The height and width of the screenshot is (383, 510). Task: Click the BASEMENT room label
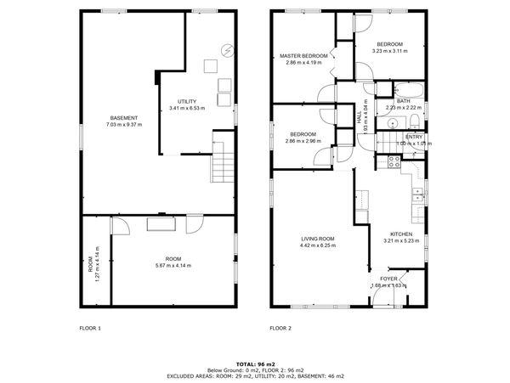pos(124,116)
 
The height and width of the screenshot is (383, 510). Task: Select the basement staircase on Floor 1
pos(223,161)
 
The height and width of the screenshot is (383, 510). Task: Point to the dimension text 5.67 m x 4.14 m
pos(173,266)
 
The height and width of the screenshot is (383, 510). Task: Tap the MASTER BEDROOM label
pos(303,56)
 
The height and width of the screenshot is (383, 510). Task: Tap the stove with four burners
pos(394,160)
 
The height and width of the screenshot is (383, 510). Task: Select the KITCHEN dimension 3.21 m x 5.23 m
pos(401,241)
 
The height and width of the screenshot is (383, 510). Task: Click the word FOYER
pos(388,278)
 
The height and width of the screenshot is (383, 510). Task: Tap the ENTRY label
pos(414,137)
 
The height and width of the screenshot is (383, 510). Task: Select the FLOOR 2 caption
pos(280,328)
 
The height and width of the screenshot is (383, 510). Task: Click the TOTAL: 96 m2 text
pos(255,363)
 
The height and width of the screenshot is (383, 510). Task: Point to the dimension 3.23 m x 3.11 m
pos(390,51)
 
